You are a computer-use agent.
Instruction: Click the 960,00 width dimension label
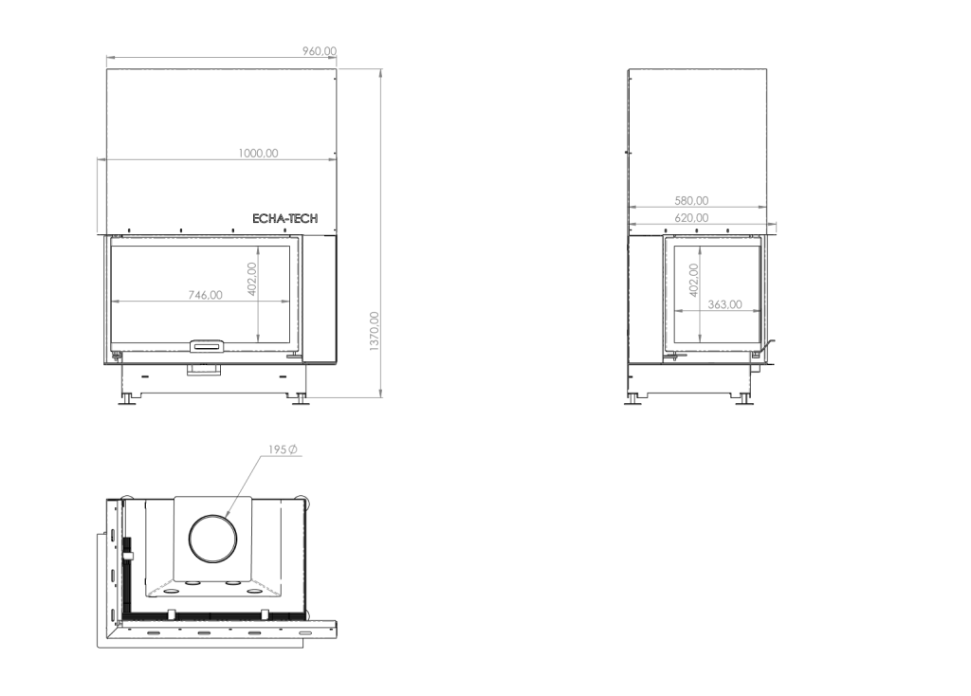320,51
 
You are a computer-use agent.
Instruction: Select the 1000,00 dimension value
258,153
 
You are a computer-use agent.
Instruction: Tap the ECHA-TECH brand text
284,219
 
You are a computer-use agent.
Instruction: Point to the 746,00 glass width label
205,295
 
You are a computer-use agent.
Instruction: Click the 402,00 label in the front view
251,279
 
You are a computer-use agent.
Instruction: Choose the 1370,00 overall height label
374,331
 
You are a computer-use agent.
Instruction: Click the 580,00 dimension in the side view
691,201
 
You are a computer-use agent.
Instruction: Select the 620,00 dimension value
691,218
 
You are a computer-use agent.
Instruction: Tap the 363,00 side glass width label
724,304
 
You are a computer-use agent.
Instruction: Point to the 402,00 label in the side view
693,280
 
